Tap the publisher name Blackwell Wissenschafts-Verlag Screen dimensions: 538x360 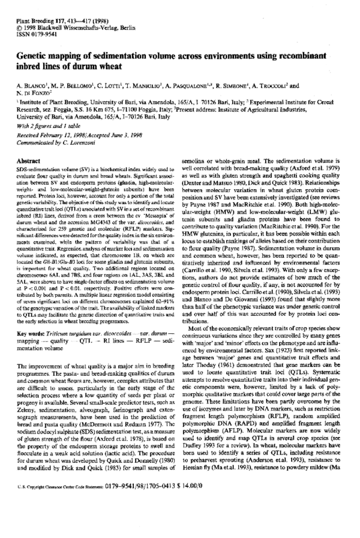(x=65, y=13)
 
